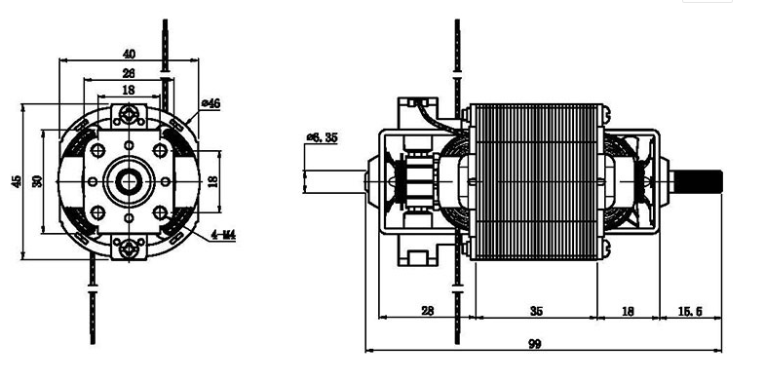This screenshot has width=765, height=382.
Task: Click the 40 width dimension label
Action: point(129,54)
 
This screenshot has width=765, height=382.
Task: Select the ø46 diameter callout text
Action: point(210,103)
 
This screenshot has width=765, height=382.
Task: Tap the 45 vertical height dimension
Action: point(18,181)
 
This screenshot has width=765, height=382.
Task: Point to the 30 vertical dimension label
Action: point(38,181)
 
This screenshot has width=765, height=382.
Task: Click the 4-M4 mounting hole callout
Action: point(223,235)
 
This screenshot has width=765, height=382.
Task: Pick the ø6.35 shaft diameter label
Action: point(322,137)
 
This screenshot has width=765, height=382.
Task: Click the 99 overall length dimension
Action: point(535,343)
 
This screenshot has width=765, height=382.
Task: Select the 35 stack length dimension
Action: point(536,311)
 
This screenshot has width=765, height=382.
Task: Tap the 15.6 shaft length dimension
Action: point(690,311)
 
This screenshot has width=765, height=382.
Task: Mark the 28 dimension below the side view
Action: point(427,311)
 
